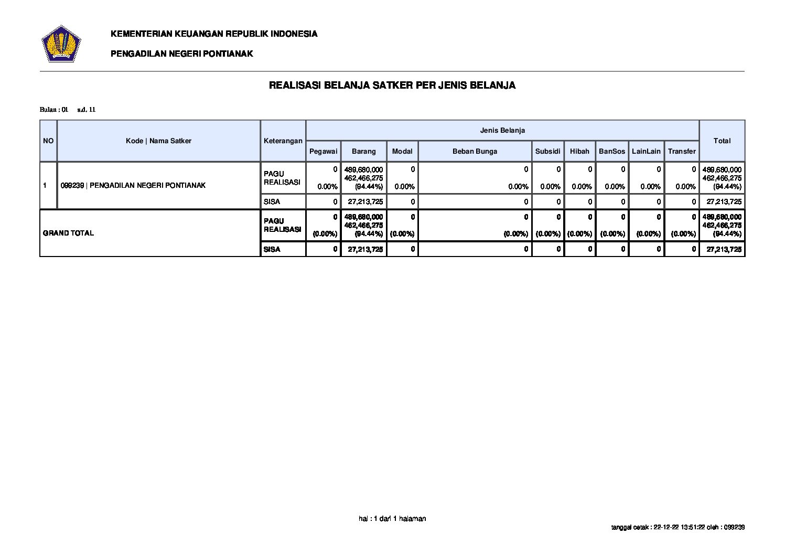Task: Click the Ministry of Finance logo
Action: pos(61,44)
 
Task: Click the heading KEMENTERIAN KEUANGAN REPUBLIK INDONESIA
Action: pos(214,34)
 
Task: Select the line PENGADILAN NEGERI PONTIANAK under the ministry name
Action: pos(181,54)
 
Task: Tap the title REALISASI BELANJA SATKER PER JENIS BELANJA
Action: pos(392,85)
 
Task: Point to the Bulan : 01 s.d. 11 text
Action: pos(68,110)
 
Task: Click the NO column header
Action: pos(48,141)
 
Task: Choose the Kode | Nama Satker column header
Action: pos(158,141)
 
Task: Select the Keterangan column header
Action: pos(283,141)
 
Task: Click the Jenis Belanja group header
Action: pos(502,130)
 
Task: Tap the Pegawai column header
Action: pos(323,151)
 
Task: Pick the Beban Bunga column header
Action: pos(475,151)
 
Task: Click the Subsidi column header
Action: pos(547,151)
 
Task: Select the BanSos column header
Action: pos(612,151)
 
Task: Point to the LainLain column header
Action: pos(646,151)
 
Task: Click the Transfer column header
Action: pos(682,151)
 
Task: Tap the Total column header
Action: pos(722,141)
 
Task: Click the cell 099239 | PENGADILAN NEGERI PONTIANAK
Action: pos(133,185)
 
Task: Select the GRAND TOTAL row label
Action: pos(69,233)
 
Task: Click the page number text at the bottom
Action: pos(392,518)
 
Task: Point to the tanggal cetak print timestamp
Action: pos(678,527)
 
